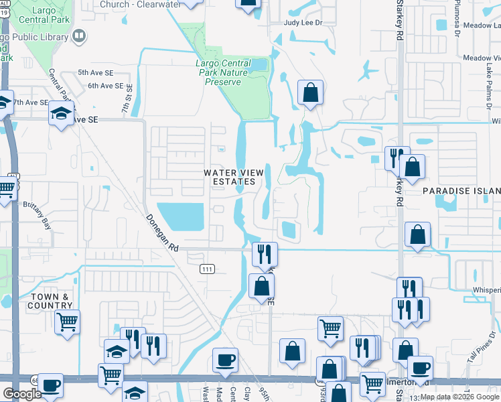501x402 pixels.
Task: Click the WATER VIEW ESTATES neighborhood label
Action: (230, 177)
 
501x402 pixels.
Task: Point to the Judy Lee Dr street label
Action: (303, 22)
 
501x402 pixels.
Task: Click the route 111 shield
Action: (206, 269)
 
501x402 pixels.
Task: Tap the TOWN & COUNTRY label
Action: (49, 301)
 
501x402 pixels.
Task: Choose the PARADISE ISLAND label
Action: (461, 191)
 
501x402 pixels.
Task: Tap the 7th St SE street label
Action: (125, 97)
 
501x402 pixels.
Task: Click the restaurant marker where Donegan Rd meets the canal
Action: (264, 253)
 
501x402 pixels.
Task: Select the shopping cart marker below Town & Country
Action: (67, 323)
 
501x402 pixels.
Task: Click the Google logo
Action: (22, 394)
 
